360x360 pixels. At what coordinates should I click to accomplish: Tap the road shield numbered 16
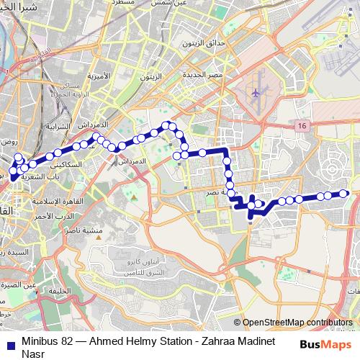pos(300,126)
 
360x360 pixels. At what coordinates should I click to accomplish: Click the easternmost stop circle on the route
pos(344,193)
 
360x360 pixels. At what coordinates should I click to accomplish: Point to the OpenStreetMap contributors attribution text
pos(297,323)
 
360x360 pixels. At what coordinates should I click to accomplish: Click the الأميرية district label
pos(98,75)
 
